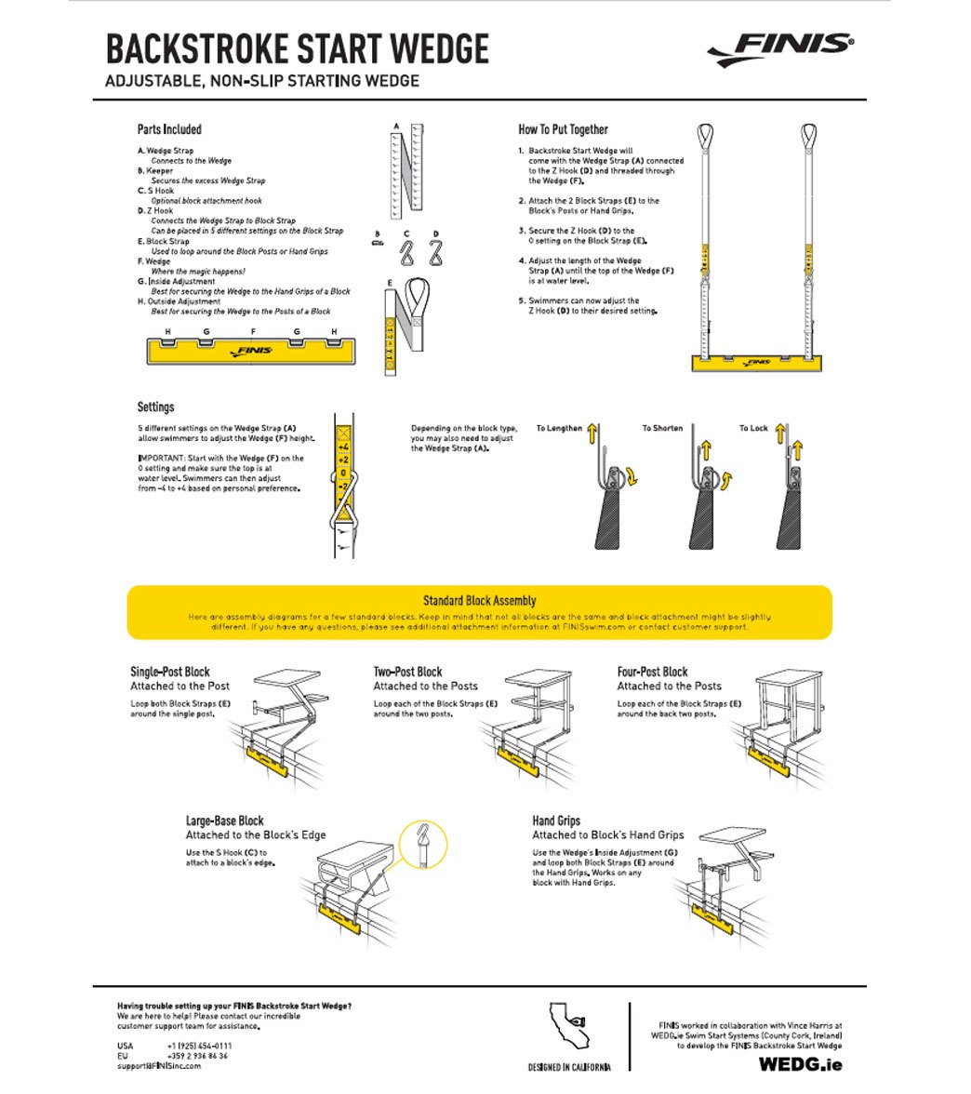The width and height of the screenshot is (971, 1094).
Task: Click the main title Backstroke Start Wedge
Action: (x=297, y=48)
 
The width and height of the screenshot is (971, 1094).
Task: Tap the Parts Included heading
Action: (x=169, y=129)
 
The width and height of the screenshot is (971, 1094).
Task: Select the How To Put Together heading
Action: (x=563, y=129)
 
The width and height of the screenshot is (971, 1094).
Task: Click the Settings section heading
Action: (x=155, y=407)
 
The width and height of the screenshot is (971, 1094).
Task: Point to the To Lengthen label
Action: (x=559, y=429)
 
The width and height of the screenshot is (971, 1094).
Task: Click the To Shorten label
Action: (x=662, y=429)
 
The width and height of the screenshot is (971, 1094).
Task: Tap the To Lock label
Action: (x=753, y=429)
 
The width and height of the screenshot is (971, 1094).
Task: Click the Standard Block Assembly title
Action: (x=479, y=601)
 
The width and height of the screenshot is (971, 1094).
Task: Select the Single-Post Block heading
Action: (x=170, y=672)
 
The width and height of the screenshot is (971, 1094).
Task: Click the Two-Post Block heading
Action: (x=407, y=672)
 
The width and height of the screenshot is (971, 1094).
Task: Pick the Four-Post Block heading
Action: (x=652, y=672)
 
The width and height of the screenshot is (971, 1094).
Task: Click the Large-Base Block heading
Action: (x=224, y=820)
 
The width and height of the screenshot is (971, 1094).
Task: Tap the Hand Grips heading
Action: (x=556, y=820)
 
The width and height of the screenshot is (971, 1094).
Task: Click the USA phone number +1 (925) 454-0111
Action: (x=199, y=1046)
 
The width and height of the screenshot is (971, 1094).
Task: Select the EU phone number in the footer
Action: (x=197, y=1056)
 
